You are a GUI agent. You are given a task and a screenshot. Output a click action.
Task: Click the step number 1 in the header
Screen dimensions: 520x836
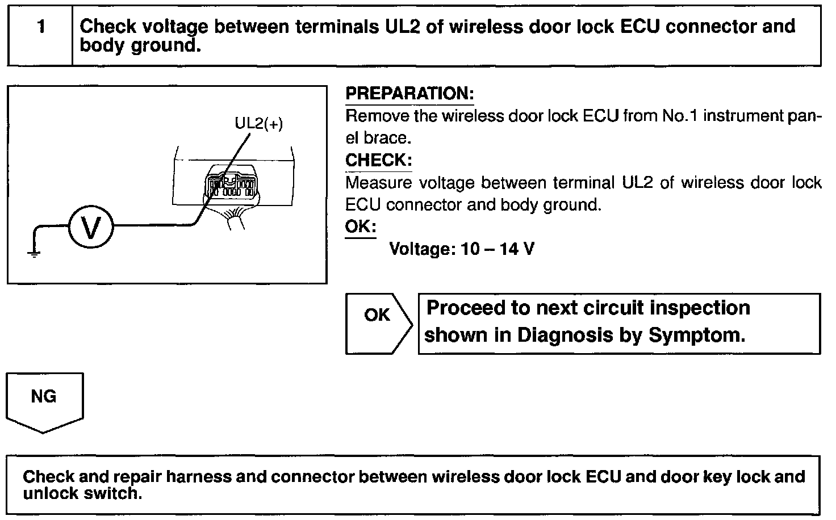(41, 27)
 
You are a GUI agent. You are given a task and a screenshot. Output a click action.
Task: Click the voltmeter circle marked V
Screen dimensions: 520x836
(91, 228)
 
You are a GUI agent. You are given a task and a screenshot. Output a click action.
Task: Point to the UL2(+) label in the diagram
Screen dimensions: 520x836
(258, 123)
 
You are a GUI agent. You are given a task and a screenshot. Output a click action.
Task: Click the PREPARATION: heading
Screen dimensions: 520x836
(409, 94)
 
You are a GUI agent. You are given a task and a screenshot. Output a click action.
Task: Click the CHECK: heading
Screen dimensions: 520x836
(378, 160)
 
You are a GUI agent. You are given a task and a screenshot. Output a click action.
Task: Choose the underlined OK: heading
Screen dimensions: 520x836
(360, 227)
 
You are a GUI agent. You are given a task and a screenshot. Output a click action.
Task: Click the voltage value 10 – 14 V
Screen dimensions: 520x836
(498, 249)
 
